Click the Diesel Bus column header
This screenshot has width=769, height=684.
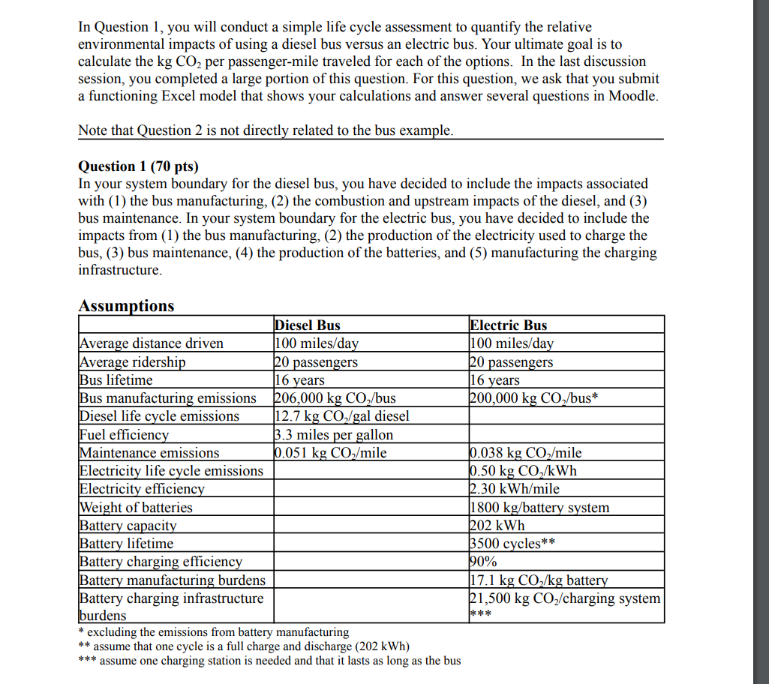tap(308, 325)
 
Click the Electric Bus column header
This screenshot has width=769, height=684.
tap(509, 325)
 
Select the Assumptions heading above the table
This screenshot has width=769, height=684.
tap(126, 306)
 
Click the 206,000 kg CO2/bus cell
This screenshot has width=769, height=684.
tap(336, 398)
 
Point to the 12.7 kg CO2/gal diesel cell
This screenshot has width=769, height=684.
tap(342, 416)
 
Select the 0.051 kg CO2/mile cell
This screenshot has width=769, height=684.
tap(331, 452)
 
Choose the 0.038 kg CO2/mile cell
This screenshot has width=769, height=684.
tap(525, 452)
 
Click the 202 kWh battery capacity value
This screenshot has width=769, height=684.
tap(497, 525)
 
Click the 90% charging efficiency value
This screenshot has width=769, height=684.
tap(484, 562)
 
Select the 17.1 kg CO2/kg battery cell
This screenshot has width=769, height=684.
tap(538, 580)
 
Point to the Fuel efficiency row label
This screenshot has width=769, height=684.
tap(125, 434)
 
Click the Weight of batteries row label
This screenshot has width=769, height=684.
tap(136, 507)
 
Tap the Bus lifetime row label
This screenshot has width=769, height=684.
tap(116, 379)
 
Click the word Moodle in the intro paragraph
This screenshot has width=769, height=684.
tap(632, 96)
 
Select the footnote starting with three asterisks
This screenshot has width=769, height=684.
tap(270, 661)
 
